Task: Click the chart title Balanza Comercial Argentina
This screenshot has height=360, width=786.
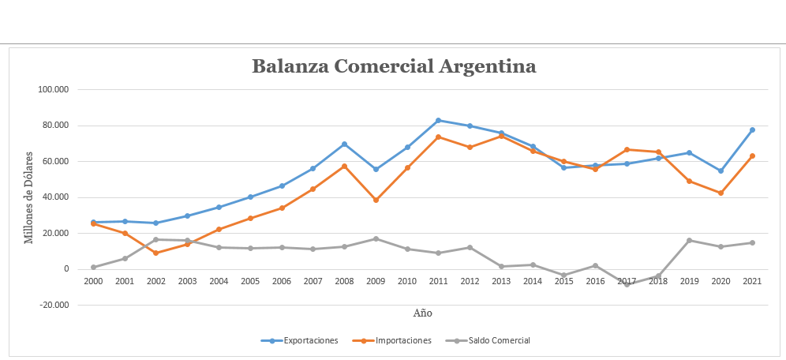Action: [x=394, y=66]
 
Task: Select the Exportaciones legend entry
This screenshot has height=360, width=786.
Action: [x=300, y=340]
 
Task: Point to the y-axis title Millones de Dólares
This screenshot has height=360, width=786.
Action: [x=29, y=197]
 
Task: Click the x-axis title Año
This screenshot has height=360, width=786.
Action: [x=423, y=313]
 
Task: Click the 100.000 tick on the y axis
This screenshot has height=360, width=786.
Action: [x=54, y=90]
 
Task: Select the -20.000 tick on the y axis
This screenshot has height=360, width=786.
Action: [x=54, y=306]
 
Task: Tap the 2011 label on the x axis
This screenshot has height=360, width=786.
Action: [x=439, y=281]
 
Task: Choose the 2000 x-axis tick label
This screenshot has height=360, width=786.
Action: [x=93, y=281]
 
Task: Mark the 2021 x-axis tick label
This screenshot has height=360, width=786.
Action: [x=752, y=281]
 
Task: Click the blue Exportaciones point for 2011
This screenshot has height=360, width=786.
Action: [x=439, y=120]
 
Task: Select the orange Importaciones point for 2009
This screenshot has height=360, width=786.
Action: [x=376, y=200]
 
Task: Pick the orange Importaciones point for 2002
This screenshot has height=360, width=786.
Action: [x=156, y=253]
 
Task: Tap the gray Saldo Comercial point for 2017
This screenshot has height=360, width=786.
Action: [x=627, y=284]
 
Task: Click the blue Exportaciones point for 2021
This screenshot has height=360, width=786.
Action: [x=752, y=129]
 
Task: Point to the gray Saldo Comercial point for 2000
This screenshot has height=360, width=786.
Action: [x=93, y=267]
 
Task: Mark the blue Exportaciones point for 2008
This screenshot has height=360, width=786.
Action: [x=345, y=144]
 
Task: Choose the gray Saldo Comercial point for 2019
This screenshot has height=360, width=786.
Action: [x=689, y=240]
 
